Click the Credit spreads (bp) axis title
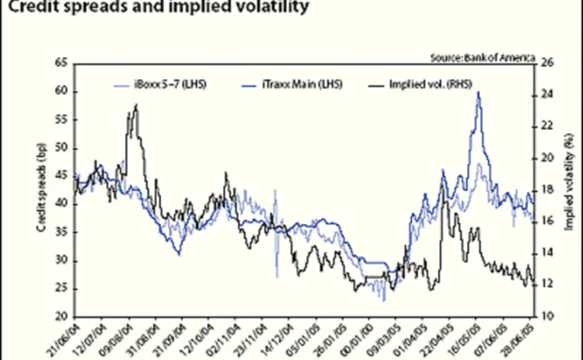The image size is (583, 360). pyautogui.click(x=40, y=190)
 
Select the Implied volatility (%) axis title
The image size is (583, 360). pyautogui.click(x=568, y=190)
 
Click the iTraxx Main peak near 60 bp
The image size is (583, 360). pyautogui.click(x=478, y=93)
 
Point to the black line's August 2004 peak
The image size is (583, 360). pyautogui.click(x=136, y=105)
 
